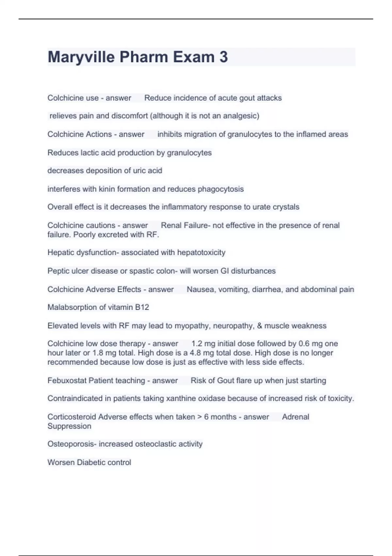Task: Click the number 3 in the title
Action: (x=223, y=57)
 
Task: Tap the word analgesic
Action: (x=240, y=116)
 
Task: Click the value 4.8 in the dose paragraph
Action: (x=195, y=353)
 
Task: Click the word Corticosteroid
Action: (x=72, y=417)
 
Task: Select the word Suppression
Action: (x=69, y=426)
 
